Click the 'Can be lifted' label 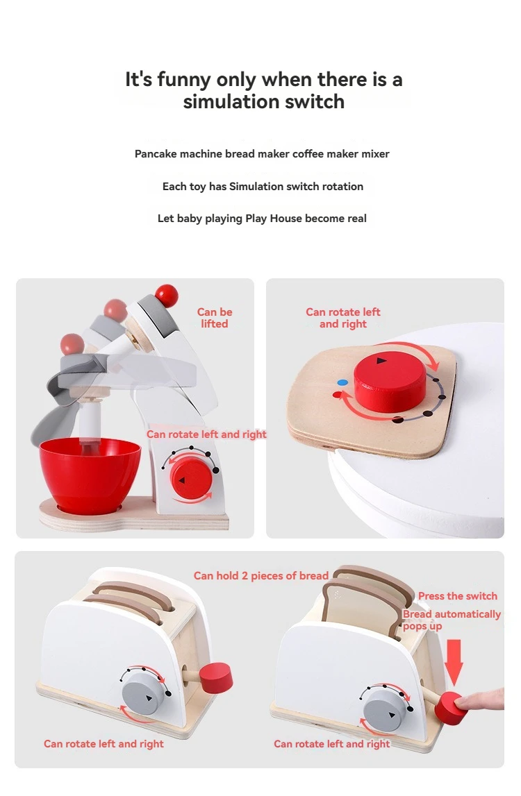215,318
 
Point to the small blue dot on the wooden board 341,382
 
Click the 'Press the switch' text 458,596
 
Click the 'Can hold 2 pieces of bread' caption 261,575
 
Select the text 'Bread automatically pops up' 452,620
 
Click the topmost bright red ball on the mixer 166,296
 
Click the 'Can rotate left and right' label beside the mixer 206,434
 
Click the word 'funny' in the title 184,80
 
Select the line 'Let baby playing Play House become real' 262,219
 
